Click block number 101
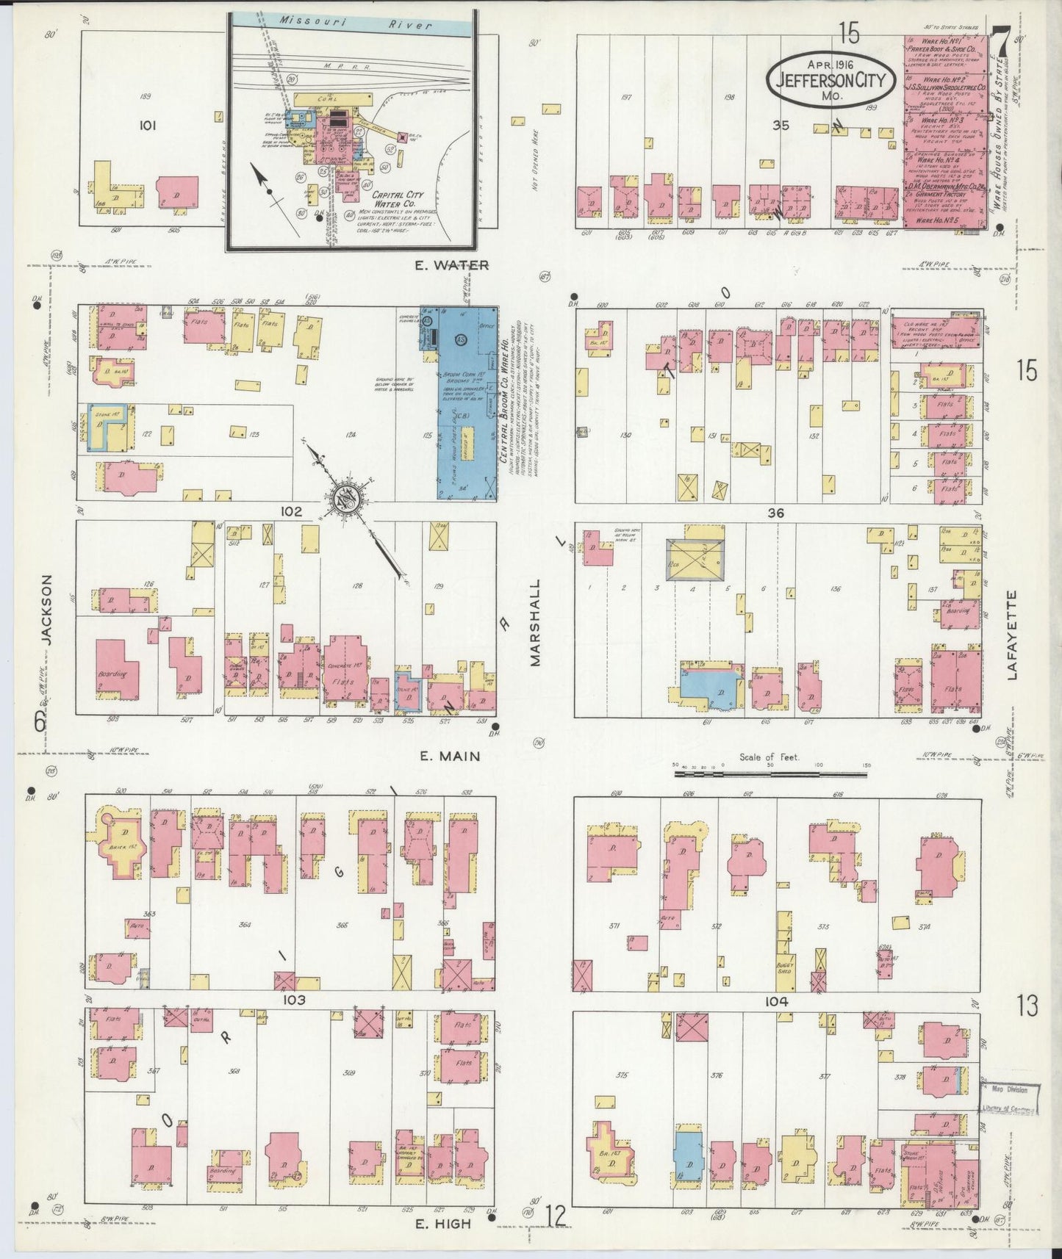[x=148, y=126]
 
